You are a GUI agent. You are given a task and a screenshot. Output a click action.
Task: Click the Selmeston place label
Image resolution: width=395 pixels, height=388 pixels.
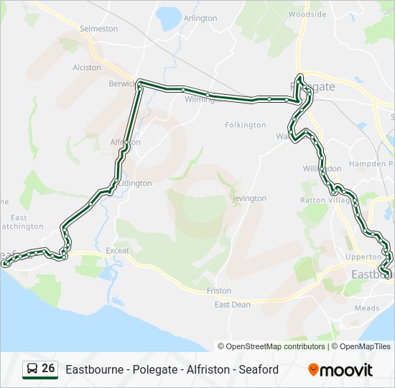[98, 29]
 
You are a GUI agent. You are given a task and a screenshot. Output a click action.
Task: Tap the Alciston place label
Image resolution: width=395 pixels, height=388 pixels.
[87, 67]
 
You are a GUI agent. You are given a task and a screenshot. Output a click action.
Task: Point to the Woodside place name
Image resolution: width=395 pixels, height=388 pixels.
[307, 14]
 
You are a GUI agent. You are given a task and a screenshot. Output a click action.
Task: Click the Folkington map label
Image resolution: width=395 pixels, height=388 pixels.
[245, 125]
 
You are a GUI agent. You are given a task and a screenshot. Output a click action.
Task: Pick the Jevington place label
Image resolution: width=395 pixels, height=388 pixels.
[250, 198]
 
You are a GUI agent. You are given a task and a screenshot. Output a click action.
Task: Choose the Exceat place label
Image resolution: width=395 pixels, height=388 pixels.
[117, 251]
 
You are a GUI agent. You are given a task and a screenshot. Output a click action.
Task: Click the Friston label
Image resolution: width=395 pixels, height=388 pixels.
[219, 291]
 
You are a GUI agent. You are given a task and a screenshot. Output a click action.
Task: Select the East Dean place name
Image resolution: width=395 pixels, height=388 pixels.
[233, 305]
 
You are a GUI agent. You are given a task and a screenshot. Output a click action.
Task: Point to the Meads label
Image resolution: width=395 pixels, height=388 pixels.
[367, 308]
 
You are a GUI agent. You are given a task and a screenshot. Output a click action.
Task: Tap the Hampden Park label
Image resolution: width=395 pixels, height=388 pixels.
[371, 164]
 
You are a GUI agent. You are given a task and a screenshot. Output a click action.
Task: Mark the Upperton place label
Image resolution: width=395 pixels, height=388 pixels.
[363, 257]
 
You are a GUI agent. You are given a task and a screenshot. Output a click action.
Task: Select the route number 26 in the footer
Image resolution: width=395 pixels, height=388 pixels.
[48, 369]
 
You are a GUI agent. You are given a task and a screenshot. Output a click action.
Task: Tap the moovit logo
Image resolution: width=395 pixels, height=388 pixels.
[340, 370]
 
